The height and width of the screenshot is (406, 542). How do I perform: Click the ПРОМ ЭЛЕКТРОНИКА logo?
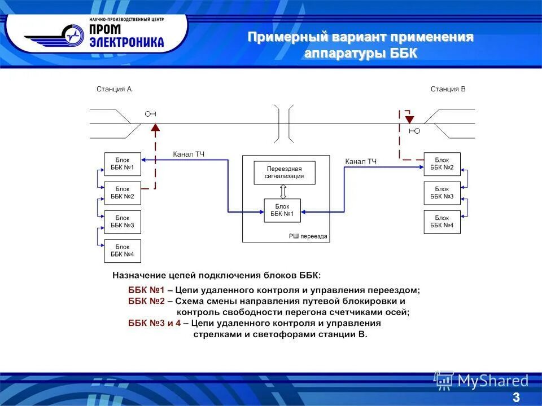point(96,34)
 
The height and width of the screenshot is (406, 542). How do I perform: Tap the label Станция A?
point(114,89)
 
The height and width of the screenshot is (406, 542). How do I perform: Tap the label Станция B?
point(448,89)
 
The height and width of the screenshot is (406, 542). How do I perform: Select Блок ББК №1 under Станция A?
point(123,164)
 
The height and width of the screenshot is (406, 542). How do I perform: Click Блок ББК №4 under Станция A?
point(123,250)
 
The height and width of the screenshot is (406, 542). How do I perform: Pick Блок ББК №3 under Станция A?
point(123,222)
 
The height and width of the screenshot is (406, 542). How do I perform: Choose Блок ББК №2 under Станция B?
point(442,164)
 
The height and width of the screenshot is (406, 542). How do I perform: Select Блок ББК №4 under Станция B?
point(442,222)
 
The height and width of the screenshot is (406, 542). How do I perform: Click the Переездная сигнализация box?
point(285,173)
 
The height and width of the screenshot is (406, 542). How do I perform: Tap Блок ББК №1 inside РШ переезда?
point(282,210)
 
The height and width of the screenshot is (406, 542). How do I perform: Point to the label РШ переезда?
point(308,236)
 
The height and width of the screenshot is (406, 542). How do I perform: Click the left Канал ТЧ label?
point(189,154)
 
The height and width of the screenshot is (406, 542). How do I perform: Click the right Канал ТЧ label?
point(361,162)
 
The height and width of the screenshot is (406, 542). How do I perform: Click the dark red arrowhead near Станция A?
point(155,127)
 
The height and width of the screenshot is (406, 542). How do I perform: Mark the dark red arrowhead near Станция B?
point(409,120)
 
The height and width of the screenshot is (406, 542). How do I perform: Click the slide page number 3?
point(516,398)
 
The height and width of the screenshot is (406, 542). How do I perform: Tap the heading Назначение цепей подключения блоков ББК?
point(216,276)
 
